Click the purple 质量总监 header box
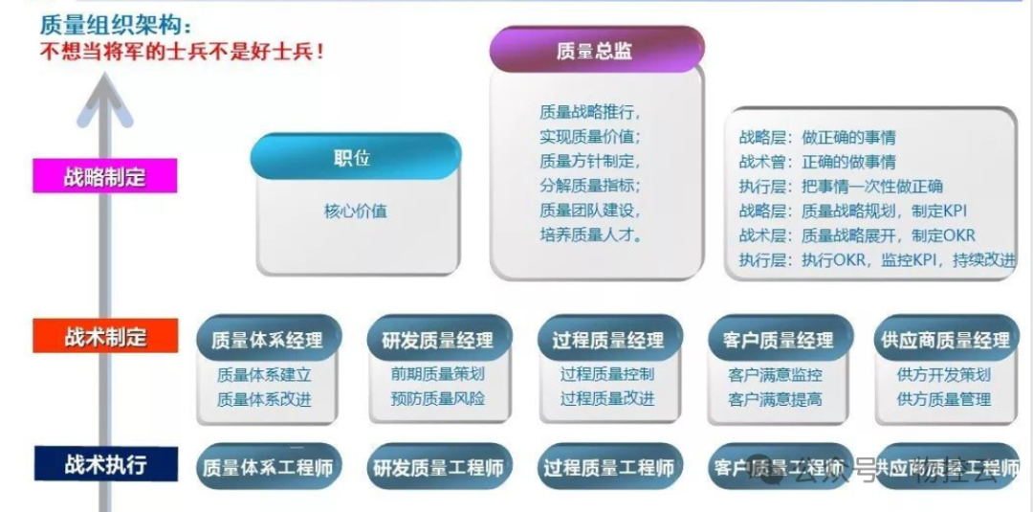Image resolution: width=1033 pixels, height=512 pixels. [595, 51]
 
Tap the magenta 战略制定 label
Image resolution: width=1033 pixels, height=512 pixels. [105, 177]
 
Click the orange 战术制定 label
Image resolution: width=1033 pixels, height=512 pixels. [105, 337]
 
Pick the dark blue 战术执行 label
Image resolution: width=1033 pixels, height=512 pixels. [105, 465]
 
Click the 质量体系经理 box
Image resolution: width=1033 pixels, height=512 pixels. [267, 340]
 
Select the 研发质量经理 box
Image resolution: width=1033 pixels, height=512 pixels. [437, 340]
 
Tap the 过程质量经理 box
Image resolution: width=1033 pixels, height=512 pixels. [607, 340]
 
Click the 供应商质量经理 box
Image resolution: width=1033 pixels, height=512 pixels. [943, 340]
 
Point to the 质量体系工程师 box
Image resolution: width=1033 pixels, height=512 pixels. [267, 468]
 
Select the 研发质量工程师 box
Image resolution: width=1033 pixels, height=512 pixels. [437, 468]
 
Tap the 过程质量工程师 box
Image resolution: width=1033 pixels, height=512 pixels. [607, 468]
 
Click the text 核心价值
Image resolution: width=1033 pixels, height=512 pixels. [355, 211]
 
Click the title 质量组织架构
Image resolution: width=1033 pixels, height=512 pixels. [116, 22]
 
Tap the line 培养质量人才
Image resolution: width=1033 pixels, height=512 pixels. [590, 234]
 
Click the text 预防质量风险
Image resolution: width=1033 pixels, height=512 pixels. [437, 398]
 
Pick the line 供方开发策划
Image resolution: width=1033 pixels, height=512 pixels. [943, 374]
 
